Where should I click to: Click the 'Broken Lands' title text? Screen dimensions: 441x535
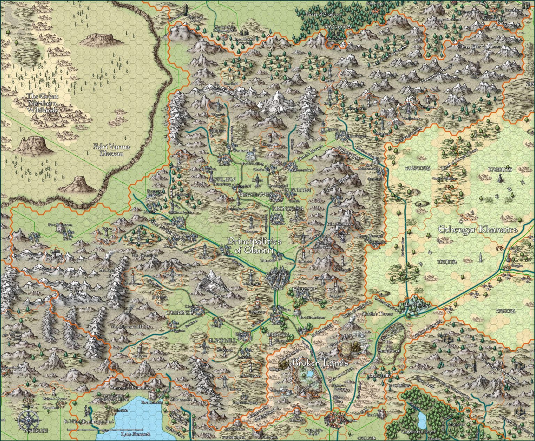tap(320, 363)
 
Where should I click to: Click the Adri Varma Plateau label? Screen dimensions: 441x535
tap(112, 150)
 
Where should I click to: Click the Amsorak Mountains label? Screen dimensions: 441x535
tap(130, 387)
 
